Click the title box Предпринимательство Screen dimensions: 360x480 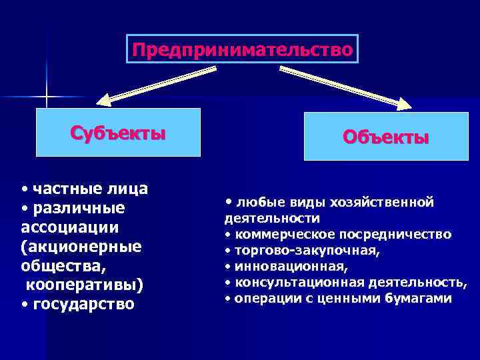pyautogui.click(x=242, y=49)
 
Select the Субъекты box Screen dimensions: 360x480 pyautogui.click(x=118, y=132)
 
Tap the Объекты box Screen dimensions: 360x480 pyautogui.click(x=386, y=137)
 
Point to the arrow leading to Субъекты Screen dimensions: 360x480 pyautogui.click(x=157, y=85)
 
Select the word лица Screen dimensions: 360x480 pyautogui.click(x=129, y=189)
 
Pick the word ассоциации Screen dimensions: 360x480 pyautogui.click(x=70, y=227)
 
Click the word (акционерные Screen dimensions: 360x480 pyautogui.click(x=81, y=247)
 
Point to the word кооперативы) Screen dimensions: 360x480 pyautogui.click(x=84, y=285)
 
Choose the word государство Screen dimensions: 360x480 pyautogui.click(x=83, y=305)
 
